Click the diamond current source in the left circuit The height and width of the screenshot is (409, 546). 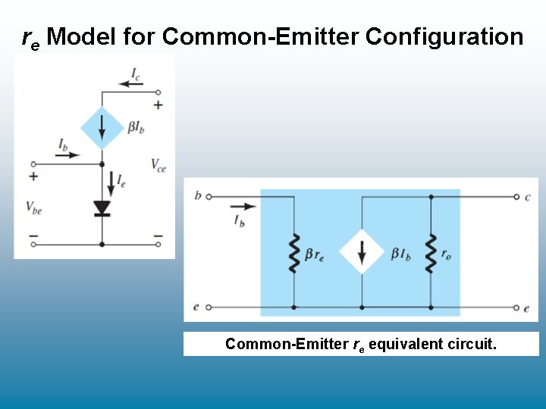(102, 128)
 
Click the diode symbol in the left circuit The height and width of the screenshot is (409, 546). (102, 208)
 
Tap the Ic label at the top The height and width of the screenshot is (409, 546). (136, 73)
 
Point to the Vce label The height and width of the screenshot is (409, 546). (158, 164)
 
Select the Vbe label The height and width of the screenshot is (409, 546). (33, 207)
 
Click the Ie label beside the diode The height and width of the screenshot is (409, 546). (121, 180)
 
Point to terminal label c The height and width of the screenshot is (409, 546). (528, 197)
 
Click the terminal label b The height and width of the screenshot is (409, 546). (198, 196)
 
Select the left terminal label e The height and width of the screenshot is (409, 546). (196, 307)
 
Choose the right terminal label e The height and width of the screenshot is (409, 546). (527, 308)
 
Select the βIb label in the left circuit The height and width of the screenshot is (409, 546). (136, 128)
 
